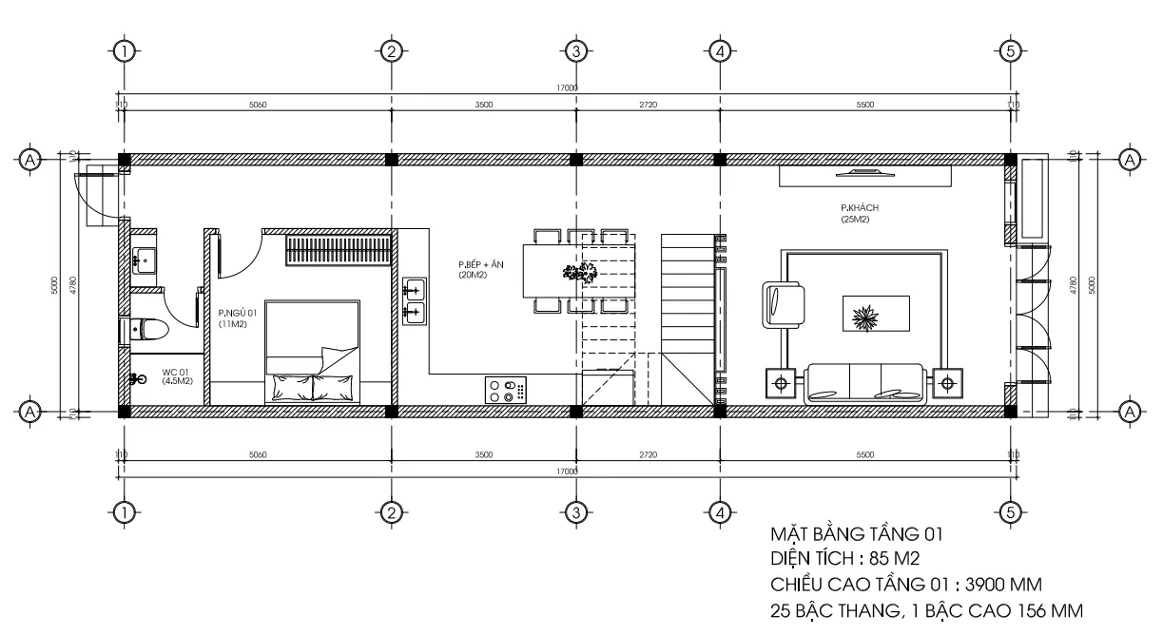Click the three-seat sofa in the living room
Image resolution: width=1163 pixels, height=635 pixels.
tap(863, 384)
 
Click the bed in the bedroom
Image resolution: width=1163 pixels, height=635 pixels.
tap(313, 352)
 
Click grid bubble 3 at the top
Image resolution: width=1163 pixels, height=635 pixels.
tap(574, 50)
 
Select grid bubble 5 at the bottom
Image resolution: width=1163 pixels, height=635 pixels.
tap(1011, 513)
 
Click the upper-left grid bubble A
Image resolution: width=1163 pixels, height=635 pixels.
tap(31, 158)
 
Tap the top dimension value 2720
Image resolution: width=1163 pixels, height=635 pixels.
tap(647, 106)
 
